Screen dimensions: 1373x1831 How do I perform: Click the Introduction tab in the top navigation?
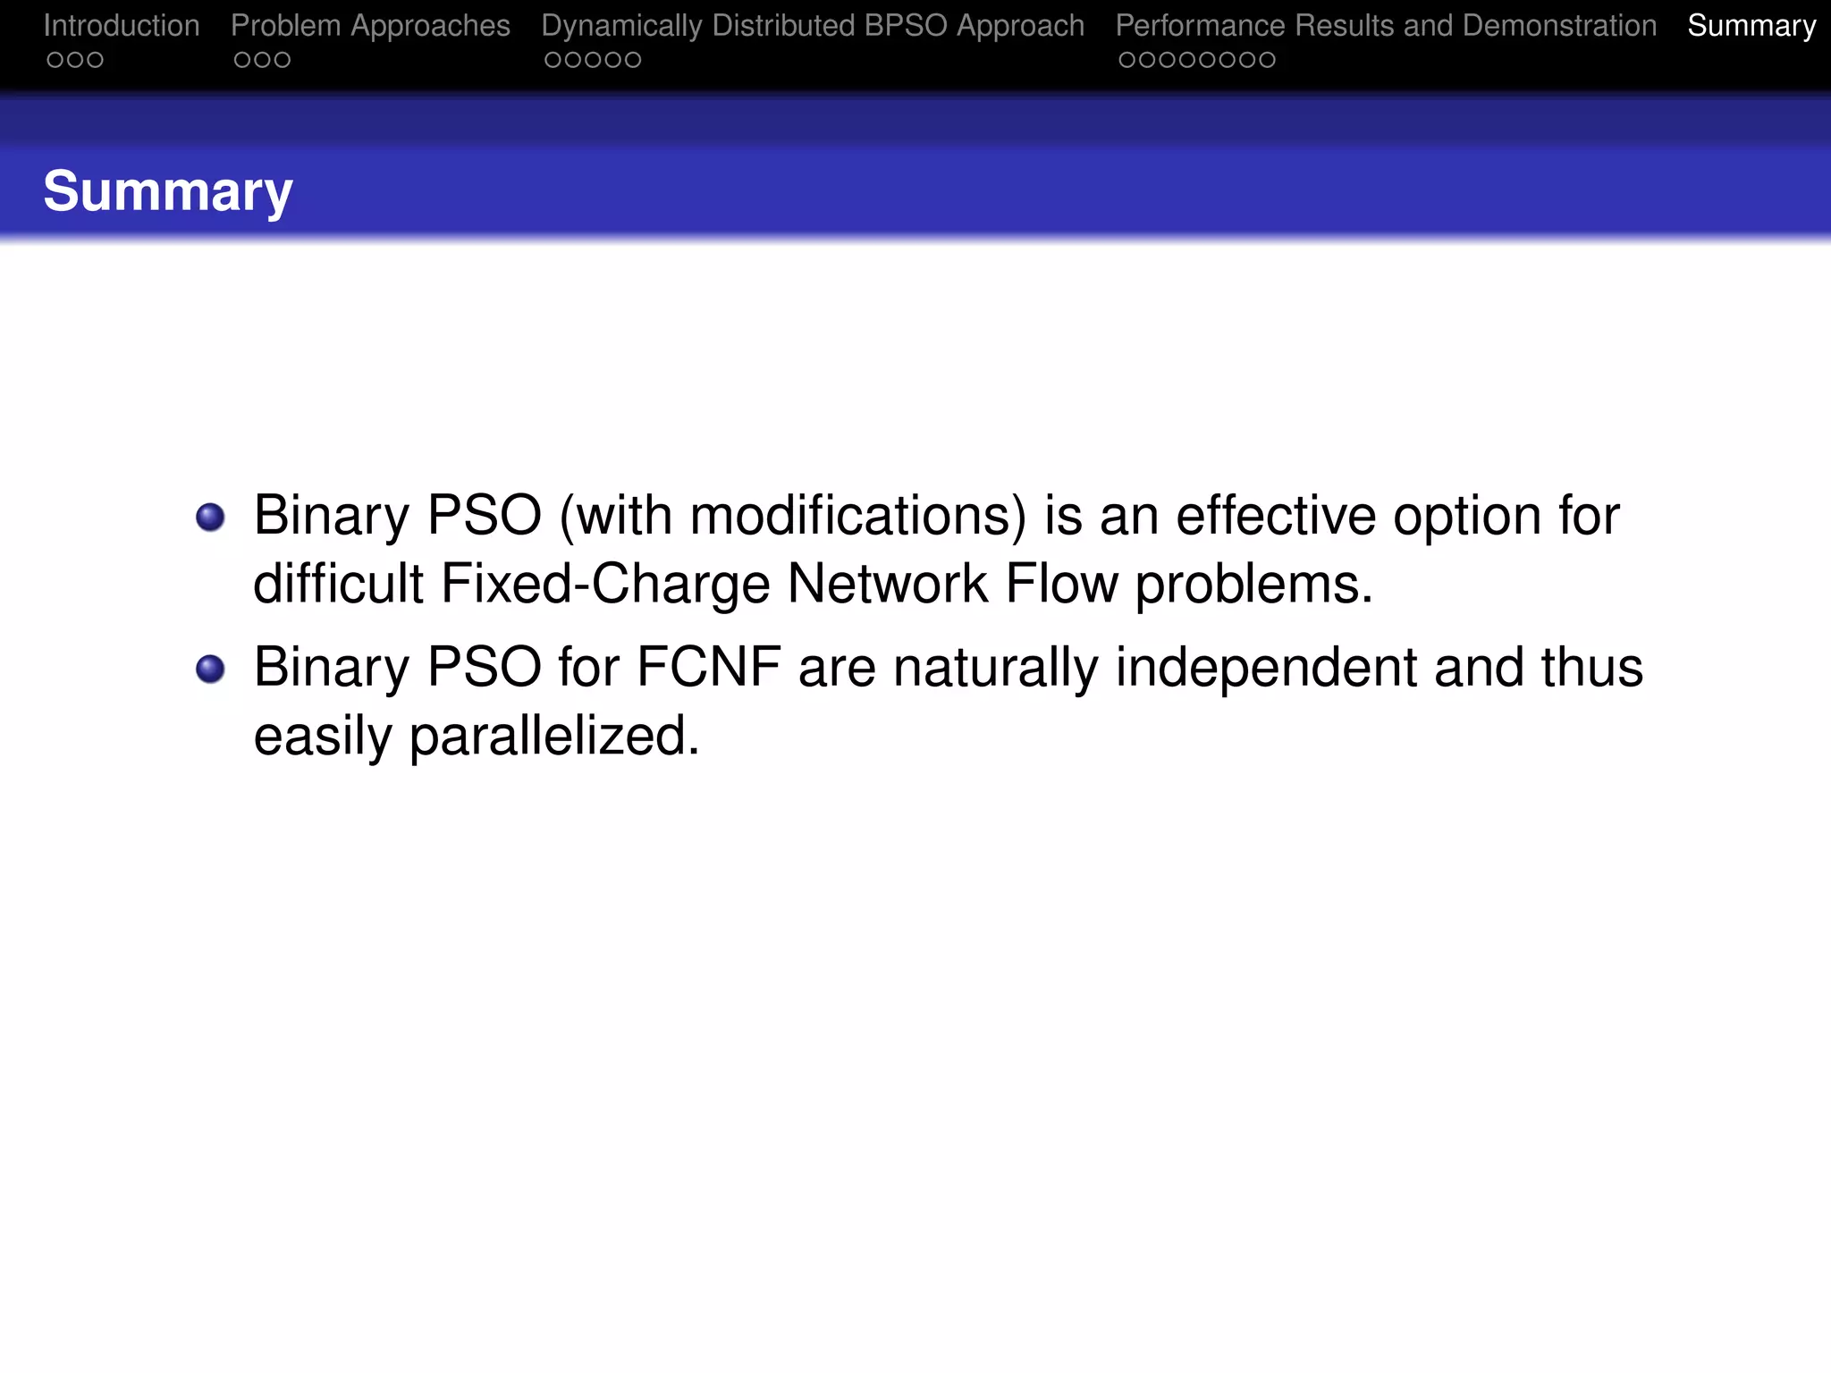click(122, 26)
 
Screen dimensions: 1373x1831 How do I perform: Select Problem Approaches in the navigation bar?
click(370, 26)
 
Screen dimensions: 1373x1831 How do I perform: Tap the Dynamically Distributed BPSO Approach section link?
click(813, 26)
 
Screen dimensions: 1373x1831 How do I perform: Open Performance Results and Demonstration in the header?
click(1386, 26)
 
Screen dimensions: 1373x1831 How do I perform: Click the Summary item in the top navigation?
click(1751, 26)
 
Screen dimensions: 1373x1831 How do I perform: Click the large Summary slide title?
click(168, 191)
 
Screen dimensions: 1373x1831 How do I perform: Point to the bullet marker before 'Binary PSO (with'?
click(210, 517)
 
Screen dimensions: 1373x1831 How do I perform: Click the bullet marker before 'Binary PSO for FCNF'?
click(210, 669)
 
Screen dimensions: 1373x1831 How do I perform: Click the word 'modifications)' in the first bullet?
click(857, 516)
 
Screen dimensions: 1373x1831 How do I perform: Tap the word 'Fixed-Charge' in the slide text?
click(605, 584)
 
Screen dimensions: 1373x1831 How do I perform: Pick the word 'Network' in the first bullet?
click(887, 584)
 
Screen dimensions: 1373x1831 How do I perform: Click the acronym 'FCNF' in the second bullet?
click(708, 668)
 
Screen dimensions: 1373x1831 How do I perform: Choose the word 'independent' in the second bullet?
click(1266, 668)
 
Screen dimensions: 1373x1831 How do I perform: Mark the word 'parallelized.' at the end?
click(554, 737)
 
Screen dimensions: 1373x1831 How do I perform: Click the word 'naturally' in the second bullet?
click(995, 668)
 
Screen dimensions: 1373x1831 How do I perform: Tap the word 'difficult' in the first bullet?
click(338, 584)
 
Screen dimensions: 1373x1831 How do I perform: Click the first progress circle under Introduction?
click(55, 60)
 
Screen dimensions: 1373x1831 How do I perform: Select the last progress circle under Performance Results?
click(1267, 60)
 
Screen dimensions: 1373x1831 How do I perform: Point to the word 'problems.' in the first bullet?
click(1253, 585)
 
